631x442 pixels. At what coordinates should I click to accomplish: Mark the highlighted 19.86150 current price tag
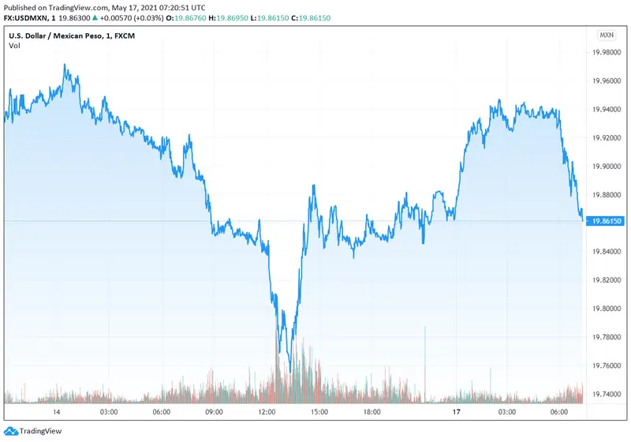pos(606,222)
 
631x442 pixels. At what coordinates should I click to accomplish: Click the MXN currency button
pos(607,36)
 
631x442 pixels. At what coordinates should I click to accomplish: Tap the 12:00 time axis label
pos(267,412)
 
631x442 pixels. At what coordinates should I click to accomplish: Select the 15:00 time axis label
pos(319,412)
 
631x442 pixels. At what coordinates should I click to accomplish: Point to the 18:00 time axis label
pos(372,412)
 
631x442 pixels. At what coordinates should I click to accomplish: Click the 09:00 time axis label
pos(214,412)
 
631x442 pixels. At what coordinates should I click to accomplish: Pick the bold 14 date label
pos(57,412)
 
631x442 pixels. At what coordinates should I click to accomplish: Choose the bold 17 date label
pos(456,412)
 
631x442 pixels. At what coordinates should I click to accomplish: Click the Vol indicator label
pos(15,47)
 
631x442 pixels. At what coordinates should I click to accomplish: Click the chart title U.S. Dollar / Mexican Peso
pos(58,36)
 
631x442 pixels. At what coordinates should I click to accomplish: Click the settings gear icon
pos(607,412)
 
